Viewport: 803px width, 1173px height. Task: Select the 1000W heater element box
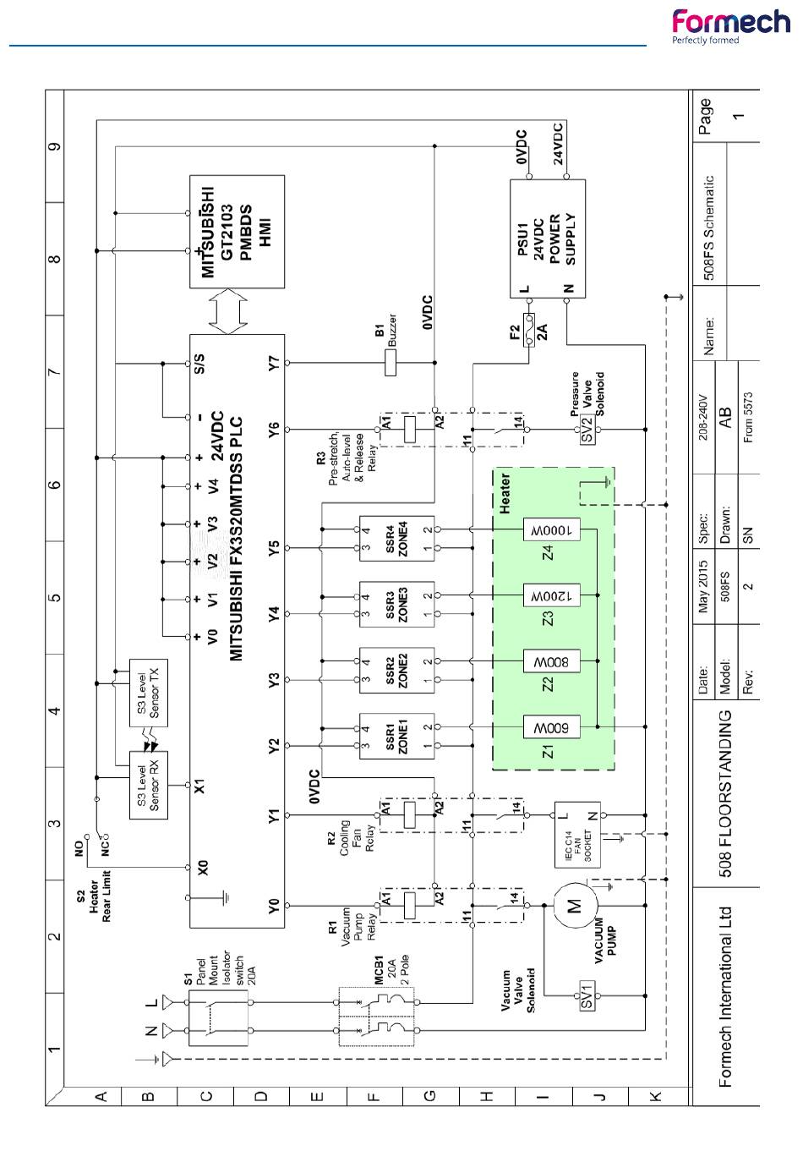coord(552,529)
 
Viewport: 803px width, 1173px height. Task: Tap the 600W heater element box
coord(552,726)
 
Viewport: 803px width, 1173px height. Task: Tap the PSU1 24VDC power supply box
coord(548,238)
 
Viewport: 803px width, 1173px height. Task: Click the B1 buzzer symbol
coord(391,363)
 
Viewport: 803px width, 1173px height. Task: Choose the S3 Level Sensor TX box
coord(149,693)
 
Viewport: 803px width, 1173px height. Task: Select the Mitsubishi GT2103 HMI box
coord(237,232)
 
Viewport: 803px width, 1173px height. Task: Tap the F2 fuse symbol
coord(530,330)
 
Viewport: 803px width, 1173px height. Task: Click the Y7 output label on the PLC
coord(273,363)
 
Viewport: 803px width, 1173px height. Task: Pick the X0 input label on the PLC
coord(201,868)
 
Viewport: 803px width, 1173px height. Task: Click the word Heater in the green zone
coord(505,493)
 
